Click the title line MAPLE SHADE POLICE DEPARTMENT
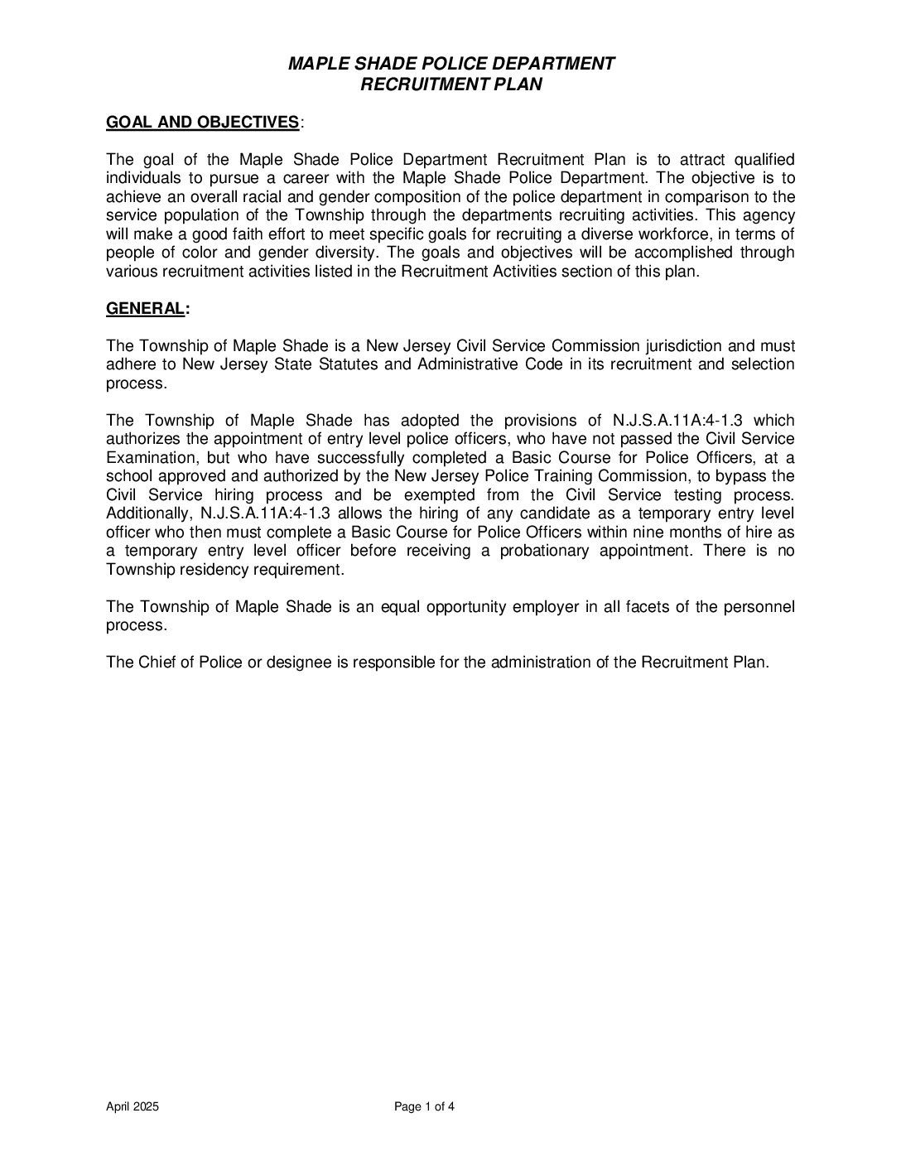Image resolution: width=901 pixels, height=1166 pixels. [x=450, y=64]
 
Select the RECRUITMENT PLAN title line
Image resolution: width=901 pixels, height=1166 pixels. [x=450, y=84]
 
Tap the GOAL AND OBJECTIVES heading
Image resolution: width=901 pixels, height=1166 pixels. [x=203, y=123]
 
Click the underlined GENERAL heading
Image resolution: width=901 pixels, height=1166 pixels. [x=145, y=309]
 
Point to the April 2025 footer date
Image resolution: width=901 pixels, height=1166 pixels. [x=132, y=1107]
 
